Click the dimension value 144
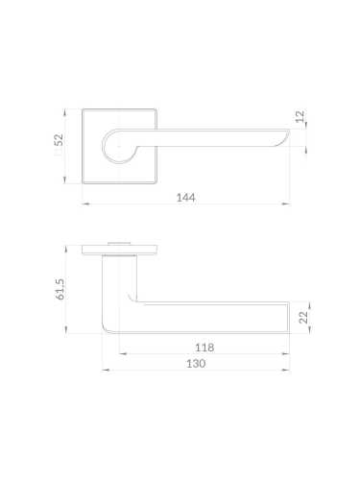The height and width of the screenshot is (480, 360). tap(185, 198)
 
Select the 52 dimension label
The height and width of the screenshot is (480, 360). tap(59, 140)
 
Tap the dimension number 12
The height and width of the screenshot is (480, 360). tap(300, 116)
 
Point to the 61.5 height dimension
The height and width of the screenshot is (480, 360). tap(60, 289)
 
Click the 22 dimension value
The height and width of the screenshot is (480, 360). tap(303, 317)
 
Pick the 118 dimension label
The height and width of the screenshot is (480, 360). tap(204, 348)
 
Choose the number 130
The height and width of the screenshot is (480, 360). tap(196, 364)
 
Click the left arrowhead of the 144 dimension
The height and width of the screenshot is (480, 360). tap(85, 204)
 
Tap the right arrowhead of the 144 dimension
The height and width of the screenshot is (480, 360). tap(286, 204)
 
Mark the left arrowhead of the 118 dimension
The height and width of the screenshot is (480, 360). tap(123, 353)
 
